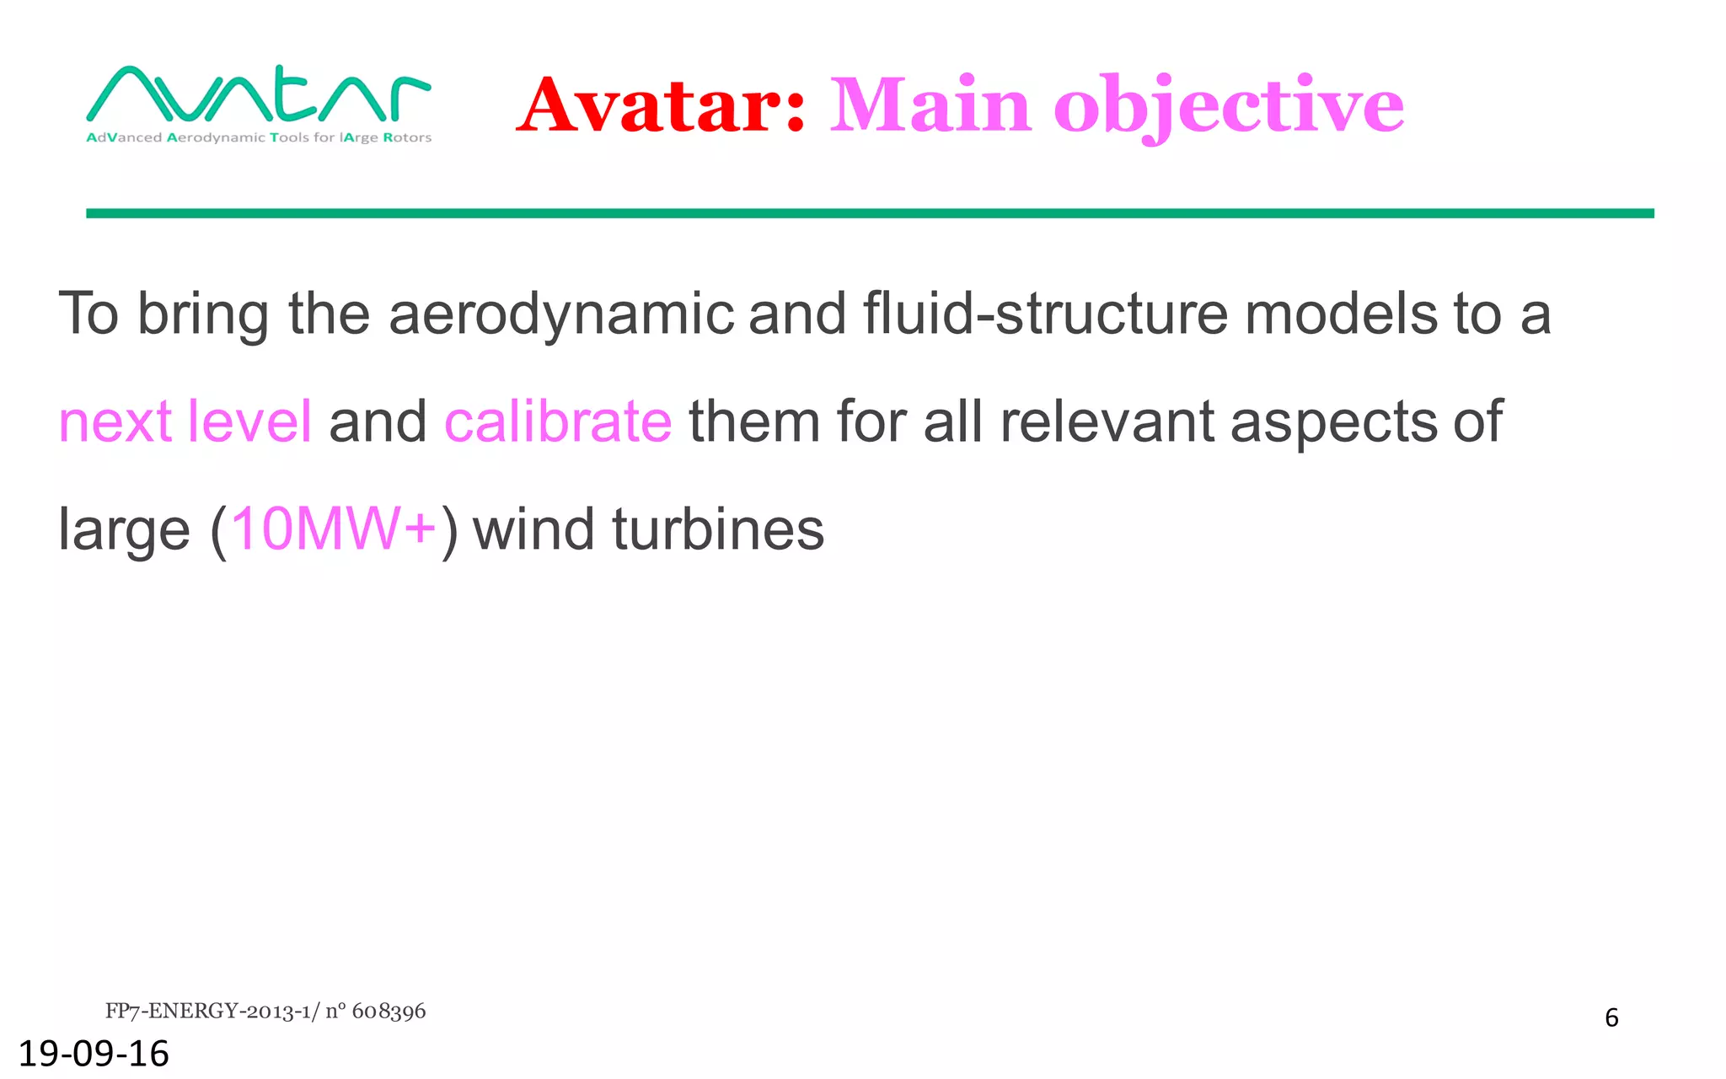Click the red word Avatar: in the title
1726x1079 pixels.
tap(662, 105)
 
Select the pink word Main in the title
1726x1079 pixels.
tap(930, 105)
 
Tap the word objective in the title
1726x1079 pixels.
tap(1228, 105)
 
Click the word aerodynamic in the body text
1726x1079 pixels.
tap(561, 314)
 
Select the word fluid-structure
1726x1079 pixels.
tap(1044, 314)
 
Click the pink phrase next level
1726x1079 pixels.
tap(185, 421)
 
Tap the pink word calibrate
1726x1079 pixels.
tap(558, 421)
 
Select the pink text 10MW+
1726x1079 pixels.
tap(334, 529)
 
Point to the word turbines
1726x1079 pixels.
tap(718, 529)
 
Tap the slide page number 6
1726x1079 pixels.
tap(1611, 1018)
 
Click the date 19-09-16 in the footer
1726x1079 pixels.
tap(94, 1054)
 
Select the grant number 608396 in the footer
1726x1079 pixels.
tap(389, 1012)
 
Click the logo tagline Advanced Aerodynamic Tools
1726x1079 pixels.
tap(259, 137)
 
